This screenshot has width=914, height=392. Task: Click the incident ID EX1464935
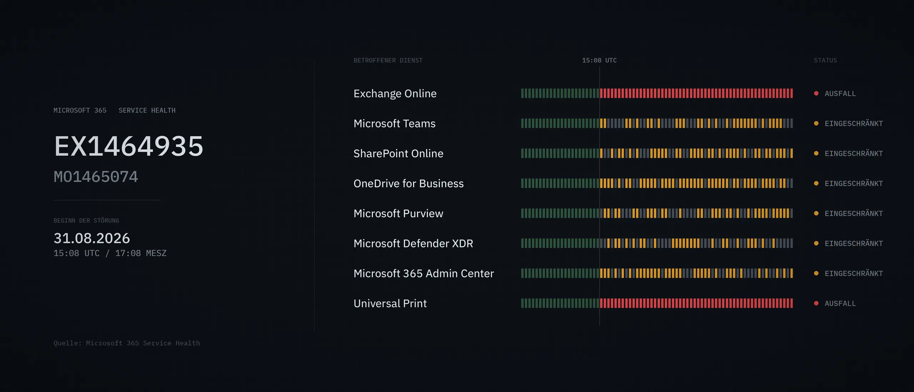point(129,146)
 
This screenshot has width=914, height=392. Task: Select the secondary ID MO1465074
point(96,177)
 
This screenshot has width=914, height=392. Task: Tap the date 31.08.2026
point(92,238)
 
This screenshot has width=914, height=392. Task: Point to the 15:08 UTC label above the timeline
point(599,60)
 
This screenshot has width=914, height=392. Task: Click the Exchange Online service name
point(395,94)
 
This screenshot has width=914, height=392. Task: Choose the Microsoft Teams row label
point(395,124)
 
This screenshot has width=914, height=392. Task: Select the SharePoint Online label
point(398,154)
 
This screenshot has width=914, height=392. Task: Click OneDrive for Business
point(408,184)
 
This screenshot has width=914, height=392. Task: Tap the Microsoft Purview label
point(398,213)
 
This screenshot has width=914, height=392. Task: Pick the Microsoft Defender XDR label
point(413,243)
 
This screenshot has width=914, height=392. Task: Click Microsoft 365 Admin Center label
point(424,273)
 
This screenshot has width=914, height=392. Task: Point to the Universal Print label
point(390,303)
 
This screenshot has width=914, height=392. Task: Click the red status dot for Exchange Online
point(816,94)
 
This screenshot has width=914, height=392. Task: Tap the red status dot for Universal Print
point(816,303)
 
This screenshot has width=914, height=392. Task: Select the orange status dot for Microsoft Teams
point(816,124)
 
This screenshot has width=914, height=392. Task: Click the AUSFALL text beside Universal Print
point(840,303)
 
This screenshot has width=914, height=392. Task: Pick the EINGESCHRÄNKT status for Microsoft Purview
point(854,213)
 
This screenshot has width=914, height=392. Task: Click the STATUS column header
point(825,60)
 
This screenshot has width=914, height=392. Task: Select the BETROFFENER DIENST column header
point(388,60)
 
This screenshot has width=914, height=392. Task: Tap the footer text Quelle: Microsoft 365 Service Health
point(127,343)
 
